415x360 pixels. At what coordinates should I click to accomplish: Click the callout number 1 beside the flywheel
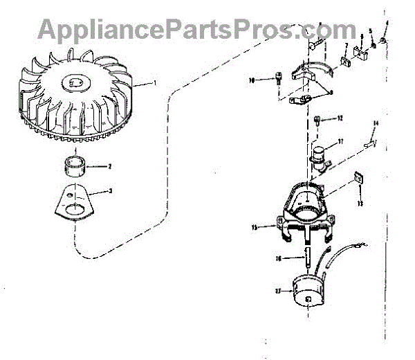[156, 83]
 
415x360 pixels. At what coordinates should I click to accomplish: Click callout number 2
[109, 167]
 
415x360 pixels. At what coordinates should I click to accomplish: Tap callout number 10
[253, 80]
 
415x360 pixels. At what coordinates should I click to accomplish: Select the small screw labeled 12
[317, 120]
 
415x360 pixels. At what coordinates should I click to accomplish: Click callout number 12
[340, 118]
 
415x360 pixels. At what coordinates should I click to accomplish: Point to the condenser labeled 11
[319, 155]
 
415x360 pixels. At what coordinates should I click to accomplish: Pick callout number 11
[340, 143]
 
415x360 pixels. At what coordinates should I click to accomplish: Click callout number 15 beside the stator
[255, 226]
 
